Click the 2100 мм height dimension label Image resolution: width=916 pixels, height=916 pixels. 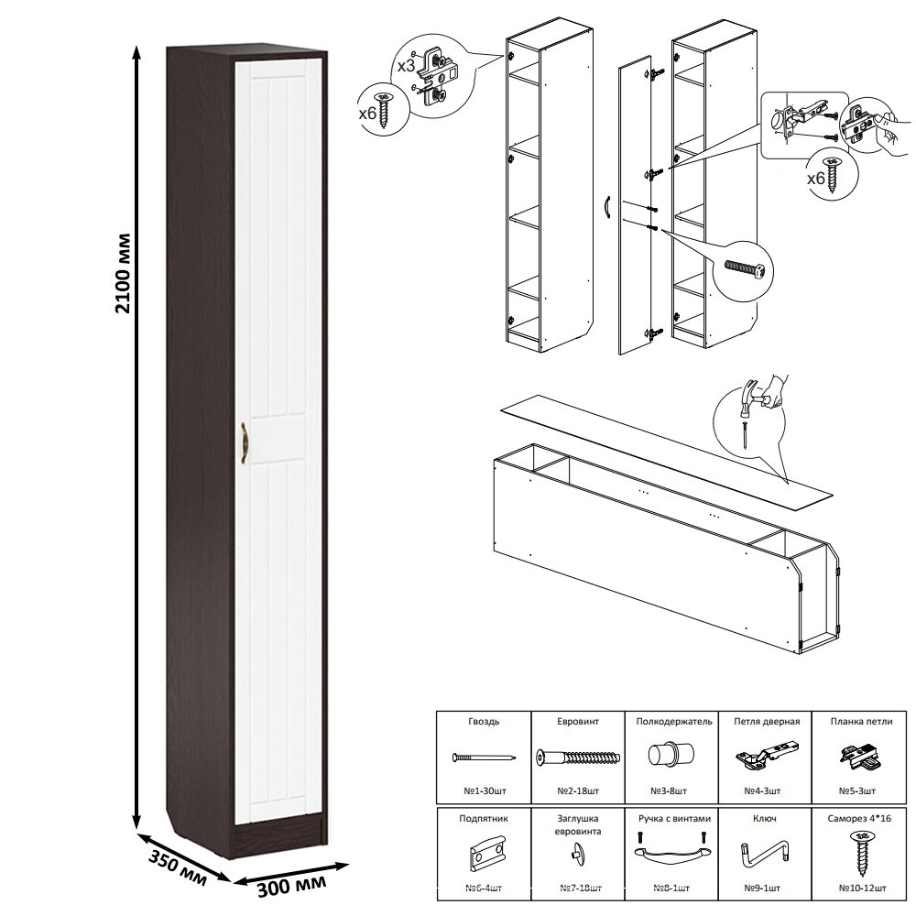point(123,273)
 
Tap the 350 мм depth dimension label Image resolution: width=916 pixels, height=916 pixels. point(178,867)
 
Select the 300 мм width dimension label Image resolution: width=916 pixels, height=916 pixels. point(291,885)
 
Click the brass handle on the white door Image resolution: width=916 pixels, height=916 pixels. point(245,443)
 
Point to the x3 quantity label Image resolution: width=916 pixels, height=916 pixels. point(406,66)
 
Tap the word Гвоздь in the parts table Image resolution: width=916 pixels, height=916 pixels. point(484,722)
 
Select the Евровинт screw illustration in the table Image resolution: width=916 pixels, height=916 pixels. point(578,758)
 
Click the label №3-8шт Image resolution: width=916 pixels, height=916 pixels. point(669,791)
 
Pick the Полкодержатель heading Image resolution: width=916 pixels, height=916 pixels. point(674,722)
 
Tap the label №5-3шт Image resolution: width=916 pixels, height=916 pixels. point(857,791)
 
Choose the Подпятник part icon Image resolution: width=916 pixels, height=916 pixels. point(486,853)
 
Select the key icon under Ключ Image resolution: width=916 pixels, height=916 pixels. point(765,852)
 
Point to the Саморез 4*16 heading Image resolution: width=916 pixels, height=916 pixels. point(859,818)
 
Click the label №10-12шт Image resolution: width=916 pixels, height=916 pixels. point(862,888)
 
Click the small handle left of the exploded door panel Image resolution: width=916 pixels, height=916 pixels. point(607,208)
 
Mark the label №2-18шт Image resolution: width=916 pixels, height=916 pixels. point(578,791)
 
